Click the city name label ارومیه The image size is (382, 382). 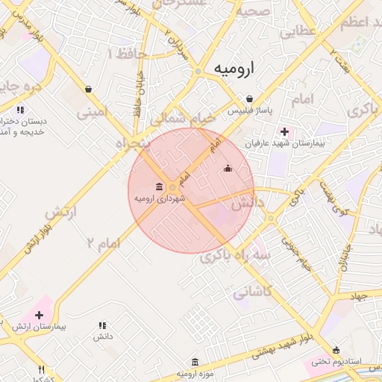(x=234, y=68)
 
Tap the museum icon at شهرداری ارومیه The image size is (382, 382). (x=160, y=187)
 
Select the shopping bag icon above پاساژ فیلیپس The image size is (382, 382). (x=249, y=98)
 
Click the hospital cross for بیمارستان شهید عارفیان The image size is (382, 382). (x=285, y=131)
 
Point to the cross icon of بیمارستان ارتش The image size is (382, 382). (x=40, y=315)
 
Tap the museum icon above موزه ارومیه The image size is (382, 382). (x=195, y=361)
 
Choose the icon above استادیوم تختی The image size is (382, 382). (x=336, y=350)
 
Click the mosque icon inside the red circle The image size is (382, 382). (x=228, y=169)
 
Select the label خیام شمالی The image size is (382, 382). (x=182, y=118)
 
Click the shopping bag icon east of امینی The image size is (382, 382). (x=89, y=90)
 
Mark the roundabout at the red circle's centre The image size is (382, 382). (x=173, y=187)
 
